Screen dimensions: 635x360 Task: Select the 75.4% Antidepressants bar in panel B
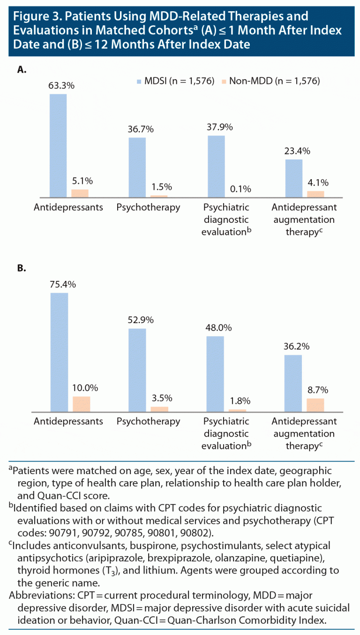coord(59,352)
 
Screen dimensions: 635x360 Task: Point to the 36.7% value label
coord(136,129)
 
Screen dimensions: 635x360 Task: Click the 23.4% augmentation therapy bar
coord(294,178)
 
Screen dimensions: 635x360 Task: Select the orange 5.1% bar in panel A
coord(80,193)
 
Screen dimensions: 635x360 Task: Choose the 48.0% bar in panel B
coord(215,374)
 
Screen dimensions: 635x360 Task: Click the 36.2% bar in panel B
coord(294,383)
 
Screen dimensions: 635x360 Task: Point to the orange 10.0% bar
coord(81,404)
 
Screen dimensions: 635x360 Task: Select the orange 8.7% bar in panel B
coord(315,405)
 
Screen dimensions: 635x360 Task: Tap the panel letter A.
coord(21,69)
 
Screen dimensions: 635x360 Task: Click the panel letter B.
coord(21,269)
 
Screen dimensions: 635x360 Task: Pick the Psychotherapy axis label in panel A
coord(148,207)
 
